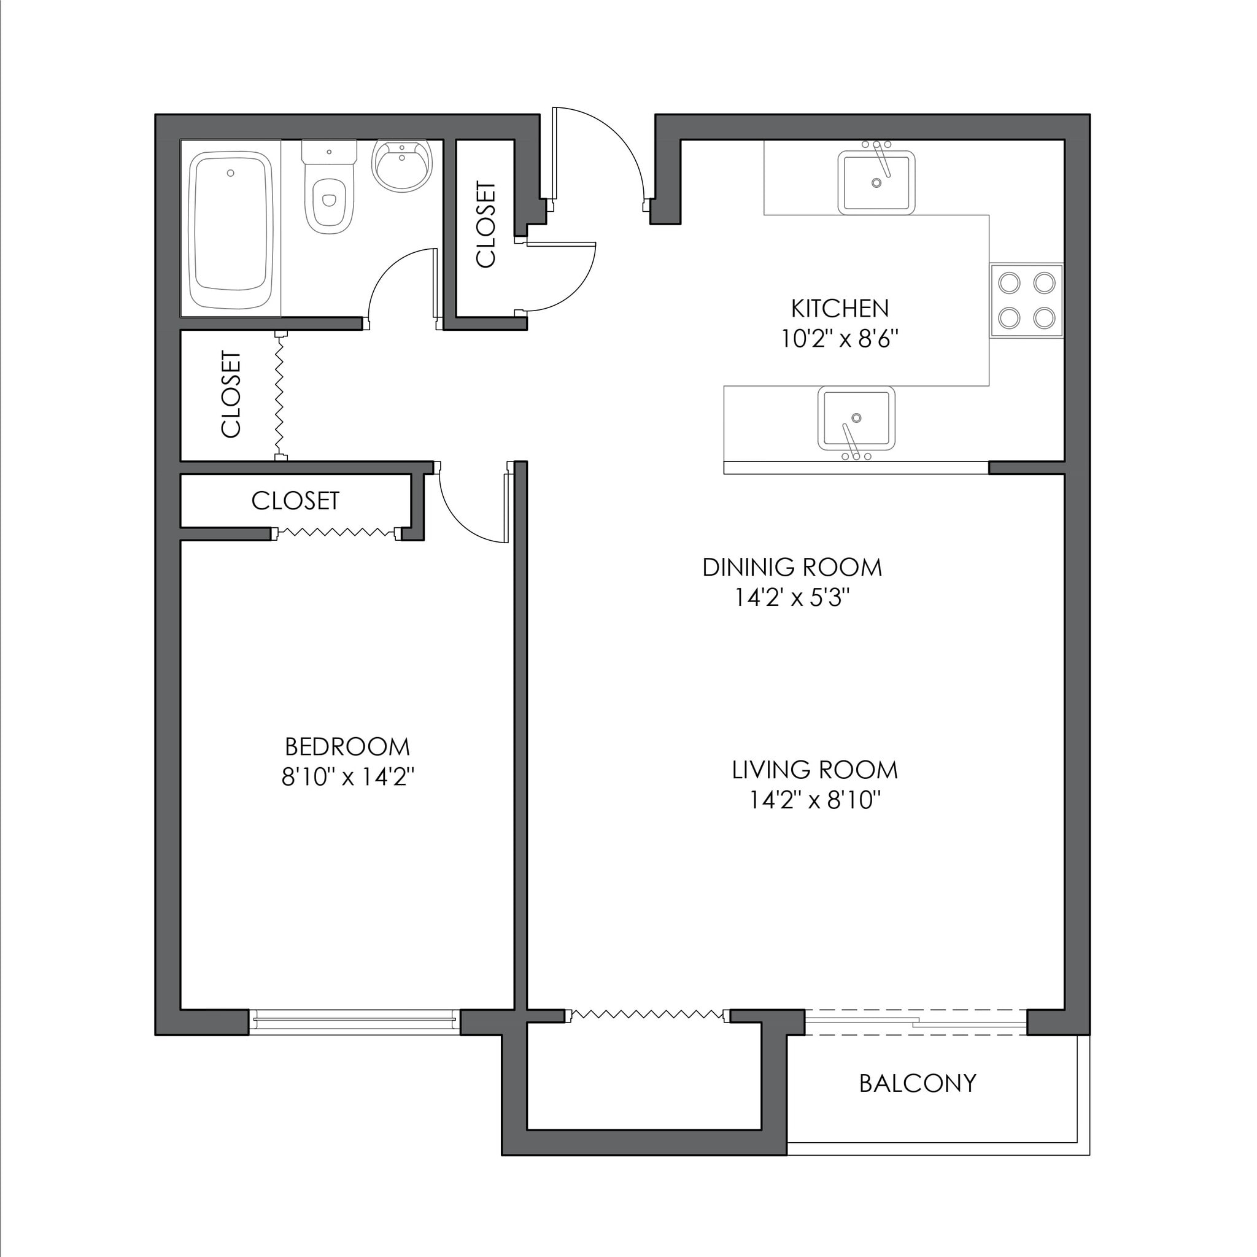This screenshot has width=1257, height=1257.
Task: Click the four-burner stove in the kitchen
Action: pos(1026,300)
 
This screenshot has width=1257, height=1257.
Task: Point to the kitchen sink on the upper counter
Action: pos(876,182)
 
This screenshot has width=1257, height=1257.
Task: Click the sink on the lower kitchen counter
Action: pos(856,419)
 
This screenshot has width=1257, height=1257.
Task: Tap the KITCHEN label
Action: pos(839,308)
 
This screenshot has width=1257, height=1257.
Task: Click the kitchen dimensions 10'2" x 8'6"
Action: pos(839,339)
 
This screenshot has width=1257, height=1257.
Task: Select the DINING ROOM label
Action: pos(792,567)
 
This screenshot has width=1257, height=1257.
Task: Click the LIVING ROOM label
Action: pos(814,770)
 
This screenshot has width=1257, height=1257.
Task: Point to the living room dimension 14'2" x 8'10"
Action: pos(814,800)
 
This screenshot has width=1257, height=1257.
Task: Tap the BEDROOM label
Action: pos(347,747)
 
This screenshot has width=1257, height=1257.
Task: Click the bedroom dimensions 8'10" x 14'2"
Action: pos(347,777)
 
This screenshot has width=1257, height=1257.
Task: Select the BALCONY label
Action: pos(918,1083)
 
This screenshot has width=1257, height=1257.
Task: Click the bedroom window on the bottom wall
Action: pos(354,1022)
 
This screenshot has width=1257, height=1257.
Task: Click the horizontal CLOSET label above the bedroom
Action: pos(295,500)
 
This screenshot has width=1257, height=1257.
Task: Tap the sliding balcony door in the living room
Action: pos(916,1022)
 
